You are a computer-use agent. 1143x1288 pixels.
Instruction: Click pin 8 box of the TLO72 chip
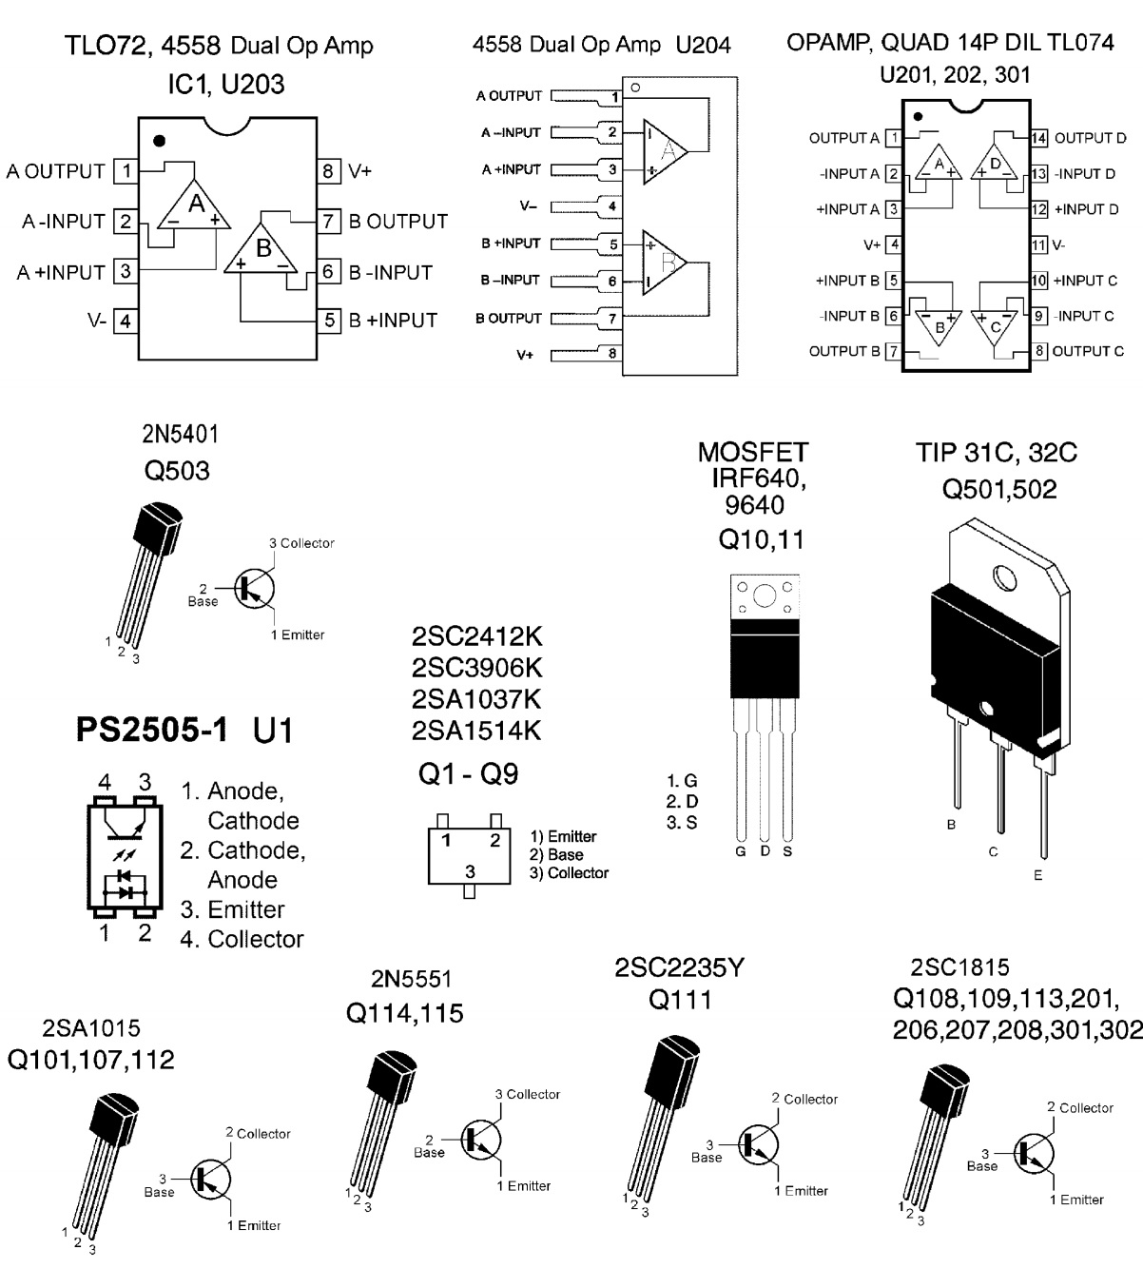click(329, 171)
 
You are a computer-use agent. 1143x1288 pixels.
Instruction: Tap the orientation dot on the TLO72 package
click(159, 141)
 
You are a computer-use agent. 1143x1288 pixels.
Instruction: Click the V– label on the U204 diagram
click(528, 205)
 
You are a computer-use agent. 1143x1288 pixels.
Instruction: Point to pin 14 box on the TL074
click(1039, 139)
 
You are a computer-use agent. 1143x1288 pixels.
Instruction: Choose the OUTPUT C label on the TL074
click(1089, 351)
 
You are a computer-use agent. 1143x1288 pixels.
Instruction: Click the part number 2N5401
click(180, 435)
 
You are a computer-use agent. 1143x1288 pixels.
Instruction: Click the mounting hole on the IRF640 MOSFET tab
click(764, 596)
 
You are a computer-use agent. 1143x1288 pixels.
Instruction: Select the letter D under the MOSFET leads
click(765, 851)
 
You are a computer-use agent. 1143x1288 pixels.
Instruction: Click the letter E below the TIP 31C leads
click(1037, 875)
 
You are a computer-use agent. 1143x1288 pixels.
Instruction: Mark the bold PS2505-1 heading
click(152, 731)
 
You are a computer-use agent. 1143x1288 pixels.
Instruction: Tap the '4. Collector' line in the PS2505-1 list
click(242, 939)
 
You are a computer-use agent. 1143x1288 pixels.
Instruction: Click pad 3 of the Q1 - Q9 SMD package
click(469, 872)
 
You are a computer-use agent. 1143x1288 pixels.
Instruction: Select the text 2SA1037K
click(476, 699)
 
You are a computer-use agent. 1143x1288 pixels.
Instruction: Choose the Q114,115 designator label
click(405, 1014)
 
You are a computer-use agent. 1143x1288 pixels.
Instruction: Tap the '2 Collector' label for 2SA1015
click(258, 1133)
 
